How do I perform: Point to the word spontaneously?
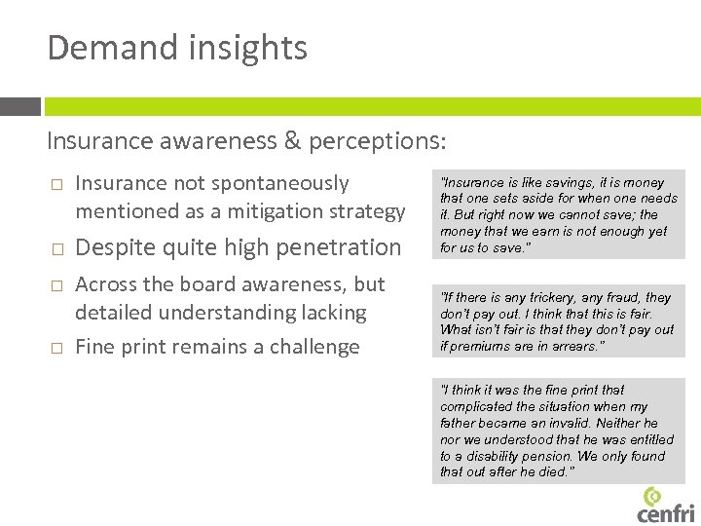tap(280, 183)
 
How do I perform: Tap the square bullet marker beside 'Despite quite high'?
tap(56, 248)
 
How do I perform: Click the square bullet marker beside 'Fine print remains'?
tap(56, 348)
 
